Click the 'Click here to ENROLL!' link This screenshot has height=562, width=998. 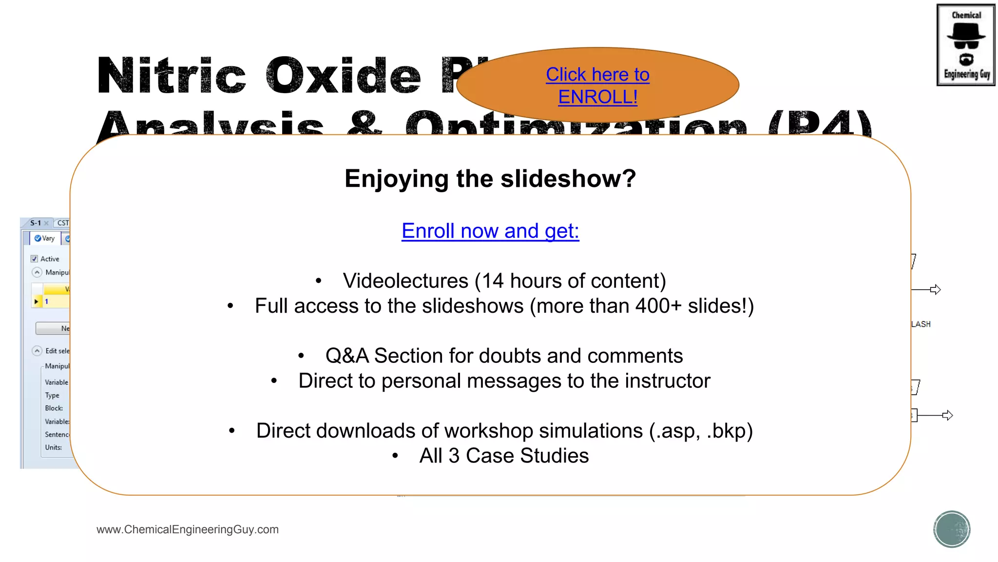click(597, 85)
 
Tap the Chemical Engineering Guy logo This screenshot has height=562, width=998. click(965, 45)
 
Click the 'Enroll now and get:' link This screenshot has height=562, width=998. click(490, 231)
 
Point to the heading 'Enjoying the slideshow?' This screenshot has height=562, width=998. click(490, 179)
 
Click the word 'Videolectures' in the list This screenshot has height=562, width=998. click(405, 281)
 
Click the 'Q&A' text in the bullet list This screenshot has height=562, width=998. click(347, 356)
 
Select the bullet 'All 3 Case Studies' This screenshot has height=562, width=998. click(504, 456)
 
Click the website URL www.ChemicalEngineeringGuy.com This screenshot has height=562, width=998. click(188, 529)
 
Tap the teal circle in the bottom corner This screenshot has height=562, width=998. click(952, 529)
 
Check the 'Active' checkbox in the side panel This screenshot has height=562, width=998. click(34, 259)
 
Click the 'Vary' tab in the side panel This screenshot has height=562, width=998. click(44, 238)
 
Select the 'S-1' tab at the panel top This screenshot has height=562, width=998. click(36, 223)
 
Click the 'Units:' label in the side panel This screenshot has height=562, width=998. click(53, 447)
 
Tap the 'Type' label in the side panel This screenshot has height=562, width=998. click(52, 395)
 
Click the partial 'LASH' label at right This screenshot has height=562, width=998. click(921, 324)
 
